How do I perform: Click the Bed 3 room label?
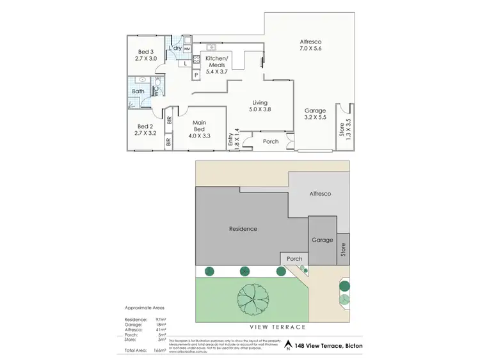[146, 52]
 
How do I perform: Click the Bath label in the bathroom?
[138, 91]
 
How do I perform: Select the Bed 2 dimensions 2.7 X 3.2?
[146, 134]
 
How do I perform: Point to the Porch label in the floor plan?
[271, 141]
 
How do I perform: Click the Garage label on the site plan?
[322, 240]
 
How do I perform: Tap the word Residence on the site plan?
[243, 228]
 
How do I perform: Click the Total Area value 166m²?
[159, 350]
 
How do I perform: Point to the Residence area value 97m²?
[160, 319]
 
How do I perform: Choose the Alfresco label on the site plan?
[320, 193]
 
